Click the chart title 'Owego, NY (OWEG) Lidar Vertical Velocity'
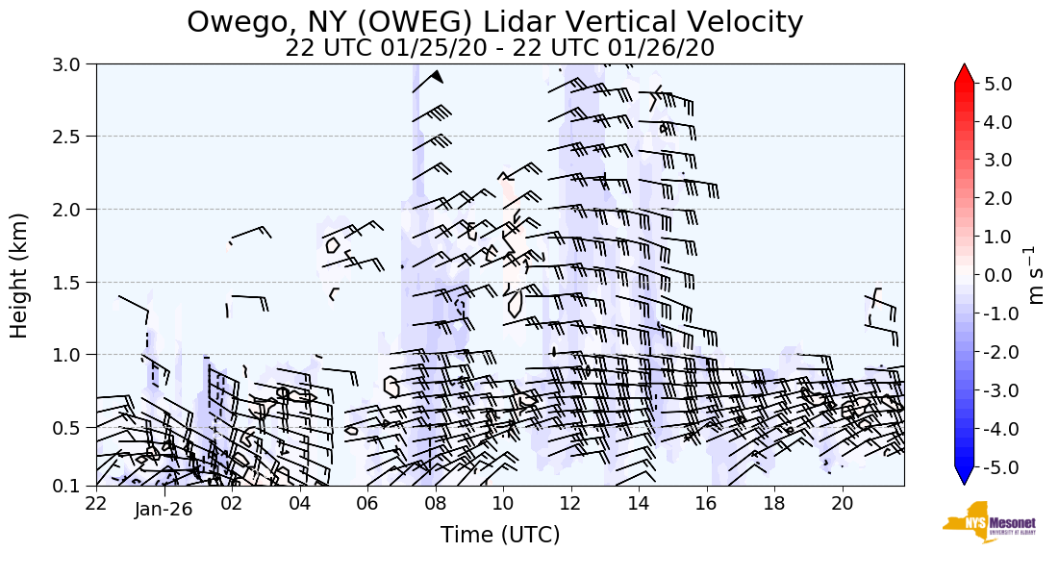pyautogui.click(x=494, y=22)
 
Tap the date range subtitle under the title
pyautogui.click(x=499, y=48)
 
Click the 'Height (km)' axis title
pyautogui.click(x=19, y=275)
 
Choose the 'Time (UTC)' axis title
pyautogui.click(x=499, y=535)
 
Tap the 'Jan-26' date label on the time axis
pyautogui.click(x=164, y=510)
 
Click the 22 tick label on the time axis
pyautogui.click(x=96, y=503)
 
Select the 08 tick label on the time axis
pyautogui.click(x=435, y=503)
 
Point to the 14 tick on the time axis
pyautogui.click(x=639, y=503)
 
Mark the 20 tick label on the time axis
pyautogui.click(x=842, y=503)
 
